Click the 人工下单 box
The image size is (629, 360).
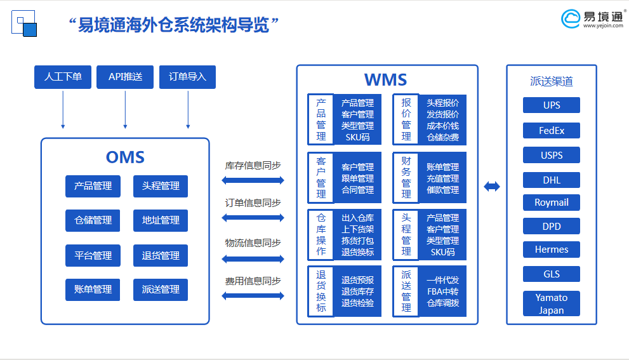click(x=63, y=77)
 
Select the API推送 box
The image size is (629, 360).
click(x=125, y=77)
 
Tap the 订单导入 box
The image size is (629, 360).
click(x=188, y=77)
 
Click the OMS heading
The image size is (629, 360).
click(x=125, y=157)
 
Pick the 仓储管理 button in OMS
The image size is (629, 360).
click(x=93, y=220)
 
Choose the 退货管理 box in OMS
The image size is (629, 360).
click(x=161, y=255)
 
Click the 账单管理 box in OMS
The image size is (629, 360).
click(x=93, y=290)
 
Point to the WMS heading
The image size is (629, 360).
click(x=385, y=80)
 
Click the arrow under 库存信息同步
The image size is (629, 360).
click(x=253, y=180)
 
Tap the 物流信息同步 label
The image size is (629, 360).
click(x=253, y=243)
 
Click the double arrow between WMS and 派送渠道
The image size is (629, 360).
click(x=492, y=187)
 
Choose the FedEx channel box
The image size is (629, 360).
click(x=552, y=131)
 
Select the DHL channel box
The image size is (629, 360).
click(x=552, y=180)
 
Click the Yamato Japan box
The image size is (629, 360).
click(x=552, y=303)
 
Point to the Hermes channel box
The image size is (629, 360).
click(x=552, y=250)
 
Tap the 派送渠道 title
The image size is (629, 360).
click(x=551, y=81)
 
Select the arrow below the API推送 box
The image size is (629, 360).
click(x=125, y=109)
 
